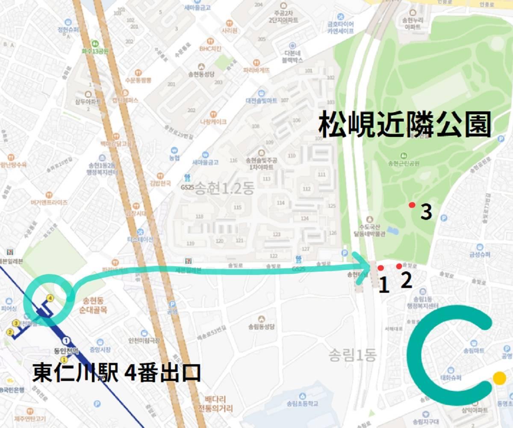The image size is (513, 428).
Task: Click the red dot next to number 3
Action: click(x=412, y=205)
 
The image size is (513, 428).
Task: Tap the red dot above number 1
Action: click(x=380, y=268)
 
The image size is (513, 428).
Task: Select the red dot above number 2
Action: click(x=399, y=266)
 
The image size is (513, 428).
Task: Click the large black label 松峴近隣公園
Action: click(x=404, y=124)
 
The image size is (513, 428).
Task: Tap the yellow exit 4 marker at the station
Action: click(x=50, y=298)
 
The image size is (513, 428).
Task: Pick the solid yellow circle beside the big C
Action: click(x=499, y=378)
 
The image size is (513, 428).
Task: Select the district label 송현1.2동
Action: click(x=224, y=189)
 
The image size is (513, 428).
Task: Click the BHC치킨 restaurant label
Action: click(x=210, y=48)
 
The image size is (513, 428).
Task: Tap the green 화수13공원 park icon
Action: click(x=94, y=43)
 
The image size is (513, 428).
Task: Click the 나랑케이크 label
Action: click(x=212, y=121)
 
